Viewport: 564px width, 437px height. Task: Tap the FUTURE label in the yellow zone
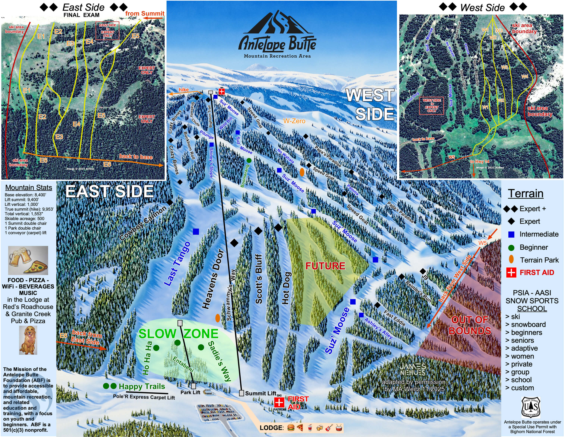(325, 266)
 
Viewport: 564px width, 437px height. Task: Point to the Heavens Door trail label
(213, 279)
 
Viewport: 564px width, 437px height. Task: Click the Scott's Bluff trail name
(259, 279)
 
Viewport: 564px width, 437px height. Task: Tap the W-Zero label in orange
(294, 121)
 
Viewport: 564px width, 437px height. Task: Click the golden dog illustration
(28, 340)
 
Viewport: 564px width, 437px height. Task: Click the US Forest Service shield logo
(531, 407)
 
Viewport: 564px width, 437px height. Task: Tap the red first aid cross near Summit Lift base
(279, 402)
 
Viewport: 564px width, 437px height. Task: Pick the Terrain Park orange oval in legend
(511, 259)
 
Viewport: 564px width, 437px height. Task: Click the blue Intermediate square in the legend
(511, 234)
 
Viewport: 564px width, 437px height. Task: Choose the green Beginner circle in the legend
(511, 247)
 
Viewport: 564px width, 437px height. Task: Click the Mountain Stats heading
(29, 187)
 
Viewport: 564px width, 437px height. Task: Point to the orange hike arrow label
(184, 90)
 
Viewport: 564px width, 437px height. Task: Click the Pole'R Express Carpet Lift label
(144, 397)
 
